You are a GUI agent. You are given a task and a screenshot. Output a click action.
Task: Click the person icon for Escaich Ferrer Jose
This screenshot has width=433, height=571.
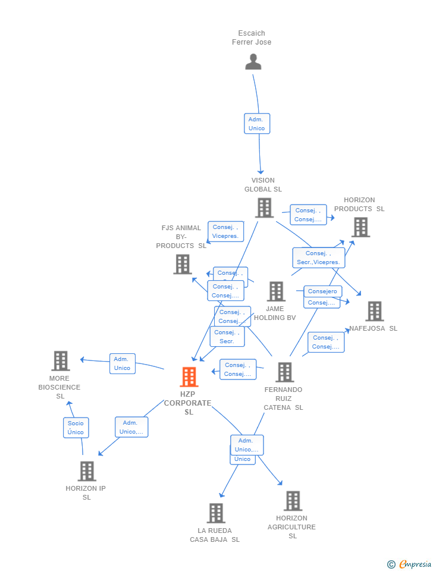point(253,62)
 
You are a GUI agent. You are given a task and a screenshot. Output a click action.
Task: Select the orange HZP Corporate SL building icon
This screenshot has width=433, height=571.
point(189,377)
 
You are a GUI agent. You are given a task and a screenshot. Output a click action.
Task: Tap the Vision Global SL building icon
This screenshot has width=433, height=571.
point(264,208)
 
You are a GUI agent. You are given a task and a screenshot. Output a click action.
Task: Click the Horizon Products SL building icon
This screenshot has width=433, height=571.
point(360,227)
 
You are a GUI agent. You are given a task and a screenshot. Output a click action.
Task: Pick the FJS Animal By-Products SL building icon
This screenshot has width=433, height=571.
point(183,264)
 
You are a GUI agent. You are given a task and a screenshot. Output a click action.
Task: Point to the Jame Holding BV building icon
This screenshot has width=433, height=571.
point(276,291)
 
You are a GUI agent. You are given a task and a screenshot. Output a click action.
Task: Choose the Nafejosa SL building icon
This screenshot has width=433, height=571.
point(374,311)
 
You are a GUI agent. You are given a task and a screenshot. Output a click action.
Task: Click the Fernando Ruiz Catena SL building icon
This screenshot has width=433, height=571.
point(284,372)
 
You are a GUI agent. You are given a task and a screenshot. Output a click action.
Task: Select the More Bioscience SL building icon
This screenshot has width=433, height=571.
point(60,361)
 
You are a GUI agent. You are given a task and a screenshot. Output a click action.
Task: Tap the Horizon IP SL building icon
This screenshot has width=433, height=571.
point(87,471)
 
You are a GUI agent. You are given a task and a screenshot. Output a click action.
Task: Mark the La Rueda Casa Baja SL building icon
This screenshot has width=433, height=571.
point(215,513)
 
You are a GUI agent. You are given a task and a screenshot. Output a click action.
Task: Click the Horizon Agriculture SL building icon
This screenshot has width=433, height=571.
point(292,501)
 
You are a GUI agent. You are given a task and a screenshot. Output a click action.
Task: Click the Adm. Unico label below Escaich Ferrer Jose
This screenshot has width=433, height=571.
point(257,124)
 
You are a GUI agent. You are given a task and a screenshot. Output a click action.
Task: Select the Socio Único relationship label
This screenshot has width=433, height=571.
point(76,428)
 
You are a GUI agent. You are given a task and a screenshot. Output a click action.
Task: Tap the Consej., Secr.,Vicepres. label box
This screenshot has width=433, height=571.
point(318,258)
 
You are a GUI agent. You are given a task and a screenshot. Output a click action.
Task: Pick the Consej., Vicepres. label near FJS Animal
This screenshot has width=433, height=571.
point(225,231)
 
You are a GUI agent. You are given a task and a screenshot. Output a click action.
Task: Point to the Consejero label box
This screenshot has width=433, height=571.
point(323,291)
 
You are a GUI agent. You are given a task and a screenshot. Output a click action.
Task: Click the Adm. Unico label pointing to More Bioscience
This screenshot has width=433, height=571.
point(122,363)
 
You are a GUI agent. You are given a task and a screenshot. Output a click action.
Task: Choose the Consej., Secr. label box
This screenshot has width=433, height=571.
point(227,337)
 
